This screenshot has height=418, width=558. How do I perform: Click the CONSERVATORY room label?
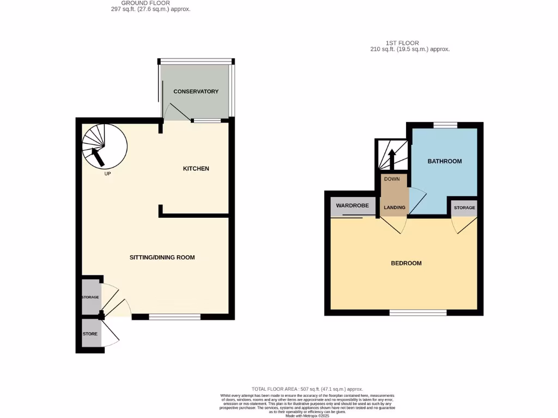coord(196,91)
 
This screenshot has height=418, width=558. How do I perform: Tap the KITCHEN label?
coord(196,169)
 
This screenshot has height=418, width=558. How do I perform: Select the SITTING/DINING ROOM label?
coord(162,257)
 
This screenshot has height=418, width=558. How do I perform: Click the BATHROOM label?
coord(445,161)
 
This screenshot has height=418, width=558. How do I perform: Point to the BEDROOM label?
coord(406,263)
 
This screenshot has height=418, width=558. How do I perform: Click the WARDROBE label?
coord(352,206)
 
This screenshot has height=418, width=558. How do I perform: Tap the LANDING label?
coord(395,207)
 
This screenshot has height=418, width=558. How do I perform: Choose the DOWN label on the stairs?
coord(392,179)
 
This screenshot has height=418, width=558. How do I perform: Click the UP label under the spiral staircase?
coord(107,174)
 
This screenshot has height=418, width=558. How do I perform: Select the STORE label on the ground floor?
coord(90,334)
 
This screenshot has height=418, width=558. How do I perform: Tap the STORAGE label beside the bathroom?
coord(464,208)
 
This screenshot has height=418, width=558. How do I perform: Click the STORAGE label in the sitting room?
coord(90,297)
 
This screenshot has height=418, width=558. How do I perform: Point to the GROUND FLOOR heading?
coord(145,3)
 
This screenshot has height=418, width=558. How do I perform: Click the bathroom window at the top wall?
coord(445,125)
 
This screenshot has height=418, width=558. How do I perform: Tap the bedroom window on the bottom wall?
coord(418,312)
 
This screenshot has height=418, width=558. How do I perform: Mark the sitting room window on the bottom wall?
coord(174,317)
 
